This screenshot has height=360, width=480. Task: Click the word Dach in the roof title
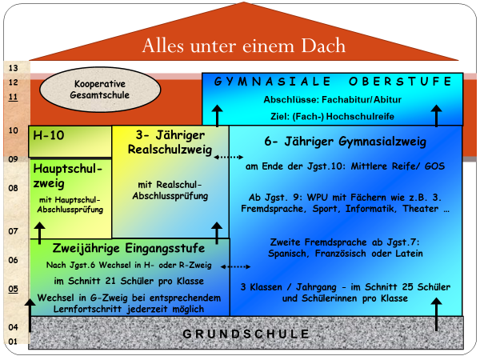coord(323,46)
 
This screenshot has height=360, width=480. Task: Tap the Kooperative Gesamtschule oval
coord(100,90)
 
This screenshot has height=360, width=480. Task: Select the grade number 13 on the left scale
coord(13,68)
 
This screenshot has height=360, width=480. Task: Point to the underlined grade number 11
coord(13,97)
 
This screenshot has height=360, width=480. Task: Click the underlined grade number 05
coord(13,289)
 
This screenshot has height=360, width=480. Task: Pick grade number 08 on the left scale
coord(13,188)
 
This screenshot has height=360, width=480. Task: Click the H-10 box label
coord(49,135)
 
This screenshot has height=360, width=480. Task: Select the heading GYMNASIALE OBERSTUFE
coord(333,82)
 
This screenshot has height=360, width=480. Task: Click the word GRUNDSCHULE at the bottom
coord(246,334)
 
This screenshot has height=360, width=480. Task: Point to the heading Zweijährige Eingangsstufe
coord(129,248)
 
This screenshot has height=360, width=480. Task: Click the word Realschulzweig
coord(170,150)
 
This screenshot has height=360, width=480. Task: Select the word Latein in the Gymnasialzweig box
coord(409,254)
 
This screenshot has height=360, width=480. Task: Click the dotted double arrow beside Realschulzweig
coord(228,157)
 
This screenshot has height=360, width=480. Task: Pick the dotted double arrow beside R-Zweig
coord(235,266)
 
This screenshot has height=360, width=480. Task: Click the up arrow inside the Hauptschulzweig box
coord(39,234)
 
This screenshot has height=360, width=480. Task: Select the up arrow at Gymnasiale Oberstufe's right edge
coord(436,116)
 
